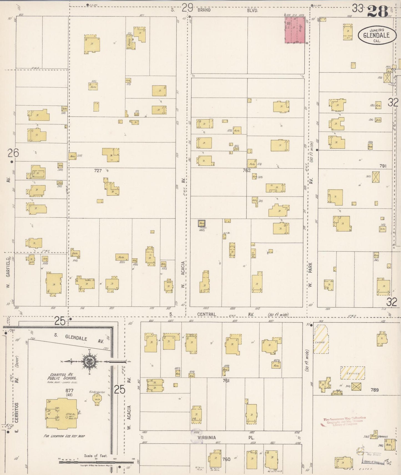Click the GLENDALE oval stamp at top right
(376, 35)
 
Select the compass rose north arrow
(91, 362)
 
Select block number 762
(246, 170)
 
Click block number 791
(383, 166)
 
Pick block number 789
(374, 390)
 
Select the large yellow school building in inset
(61, 413)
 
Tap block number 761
(226, 381)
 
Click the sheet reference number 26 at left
(13, 153)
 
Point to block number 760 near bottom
(226, 459)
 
